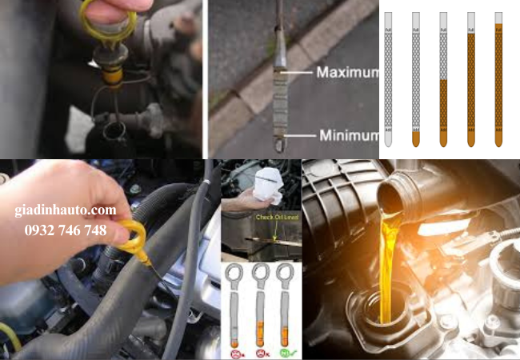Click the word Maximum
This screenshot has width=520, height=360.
point(347,72)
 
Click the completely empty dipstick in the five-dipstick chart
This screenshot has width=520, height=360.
point(388,80)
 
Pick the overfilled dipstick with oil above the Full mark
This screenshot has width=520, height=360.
point(498,80)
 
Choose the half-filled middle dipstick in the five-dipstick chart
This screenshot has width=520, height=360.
point(443,80)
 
